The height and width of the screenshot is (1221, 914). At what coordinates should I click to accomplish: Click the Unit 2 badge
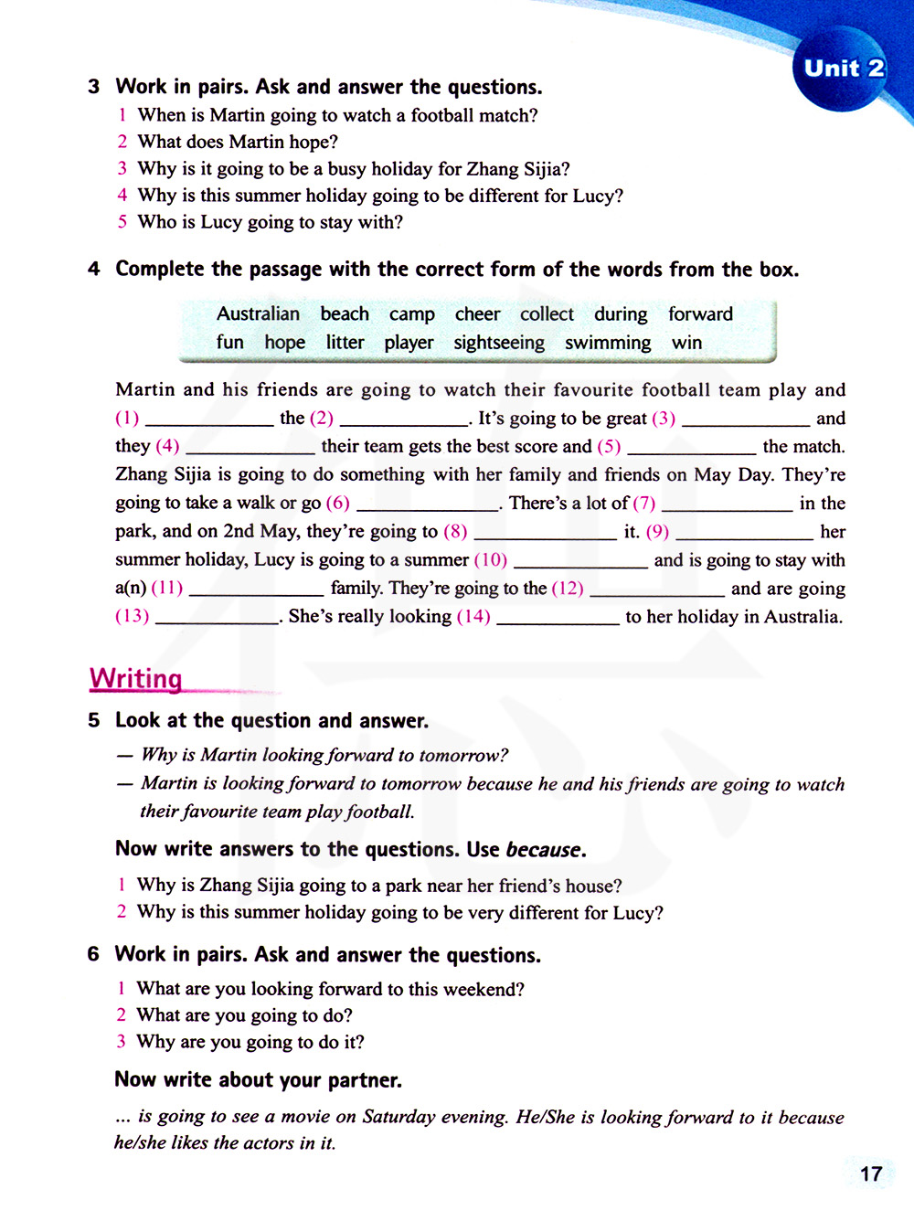click(x=843, y=69)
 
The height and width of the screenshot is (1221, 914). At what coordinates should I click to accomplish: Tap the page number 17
click(x=871, y=1174)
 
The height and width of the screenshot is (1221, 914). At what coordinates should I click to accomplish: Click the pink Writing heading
click(x=136, y=679)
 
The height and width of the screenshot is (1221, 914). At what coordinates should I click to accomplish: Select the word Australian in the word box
click(x=258, y=314)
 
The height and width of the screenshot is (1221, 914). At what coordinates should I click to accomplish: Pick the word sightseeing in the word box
click(x=499, y=343)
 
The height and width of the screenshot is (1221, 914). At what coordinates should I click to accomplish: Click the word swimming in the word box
click(x=608, y=343)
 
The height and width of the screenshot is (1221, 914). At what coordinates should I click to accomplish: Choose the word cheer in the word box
click(x=477, y=314)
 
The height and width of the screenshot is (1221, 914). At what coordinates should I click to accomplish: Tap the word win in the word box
click(x=686, y=343)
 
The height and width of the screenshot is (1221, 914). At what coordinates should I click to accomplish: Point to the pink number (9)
click(x=657, y=532)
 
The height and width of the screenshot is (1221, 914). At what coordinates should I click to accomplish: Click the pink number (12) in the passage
click(x=568, y=589)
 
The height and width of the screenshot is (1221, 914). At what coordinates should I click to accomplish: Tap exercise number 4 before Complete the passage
click(x=94, y=270)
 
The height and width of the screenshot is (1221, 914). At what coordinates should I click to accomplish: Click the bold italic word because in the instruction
click(x=544, y=850)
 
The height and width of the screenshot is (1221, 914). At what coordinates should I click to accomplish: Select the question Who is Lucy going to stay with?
click(x=270, y=222)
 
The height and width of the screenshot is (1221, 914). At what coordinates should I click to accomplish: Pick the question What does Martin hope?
click(x=238, y=142)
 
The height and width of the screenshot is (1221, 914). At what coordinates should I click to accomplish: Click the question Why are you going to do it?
click(x=250, y=1042)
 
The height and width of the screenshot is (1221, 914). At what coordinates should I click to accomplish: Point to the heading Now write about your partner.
click(x=258, y=1080)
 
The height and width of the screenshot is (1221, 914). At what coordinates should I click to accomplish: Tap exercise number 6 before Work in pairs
click(x=93, y=955)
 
